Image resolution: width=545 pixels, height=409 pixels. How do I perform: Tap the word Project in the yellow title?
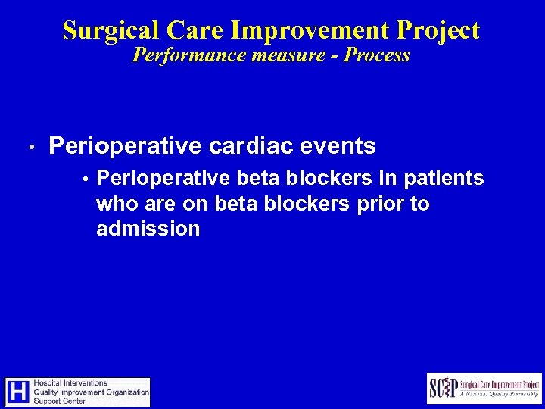435,30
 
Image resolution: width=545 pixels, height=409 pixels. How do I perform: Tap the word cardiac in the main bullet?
241,145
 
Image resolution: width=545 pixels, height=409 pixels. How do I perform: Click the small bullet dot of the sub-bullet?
87,180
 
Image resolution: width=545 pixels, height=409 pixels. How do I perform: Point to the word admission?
148,229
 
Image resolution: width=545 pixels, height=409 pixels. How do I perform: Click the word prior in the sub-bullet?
380,204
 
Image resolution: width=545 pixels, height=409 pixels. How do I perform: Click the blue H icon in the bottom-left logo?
19,392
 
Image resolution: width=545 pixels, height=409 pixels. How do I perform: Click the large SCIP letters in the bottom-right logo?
444,388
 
